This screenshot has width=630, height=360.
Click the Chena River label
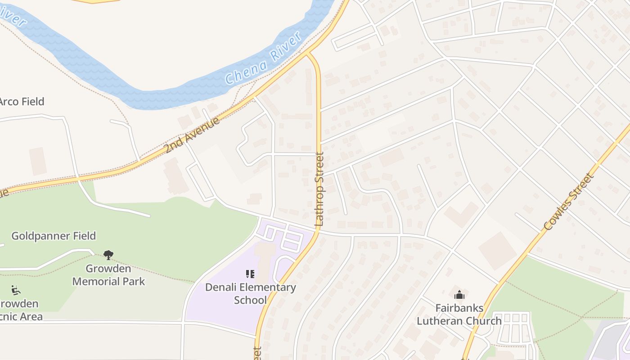(263, 58)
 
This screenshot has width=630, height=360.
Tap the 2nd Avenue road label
(192, 135)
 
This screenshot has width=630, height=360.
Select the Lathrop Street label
(319, 189)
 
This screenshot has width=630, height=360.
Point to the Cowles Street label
(569, 202)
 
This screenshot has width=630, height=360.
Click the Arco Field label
(21, 102)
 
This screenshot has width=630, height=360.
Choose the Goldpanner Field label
(54, 236)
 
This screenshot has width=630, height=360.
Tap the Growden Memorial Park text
(108, 275)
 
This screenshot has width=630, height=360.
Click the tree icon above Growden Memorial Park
(108, 255)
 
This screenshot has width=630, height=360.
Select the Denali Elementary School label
(251, 293)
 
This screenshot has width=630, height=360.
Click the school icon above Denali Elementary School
(250, 274)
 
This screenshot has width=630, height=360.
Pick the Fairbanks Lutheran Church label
(459, 315)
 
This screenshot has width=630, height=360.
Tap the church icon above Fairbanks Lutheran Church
(459, 295)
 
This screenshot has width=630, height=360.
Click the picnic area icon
(16, 290)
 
